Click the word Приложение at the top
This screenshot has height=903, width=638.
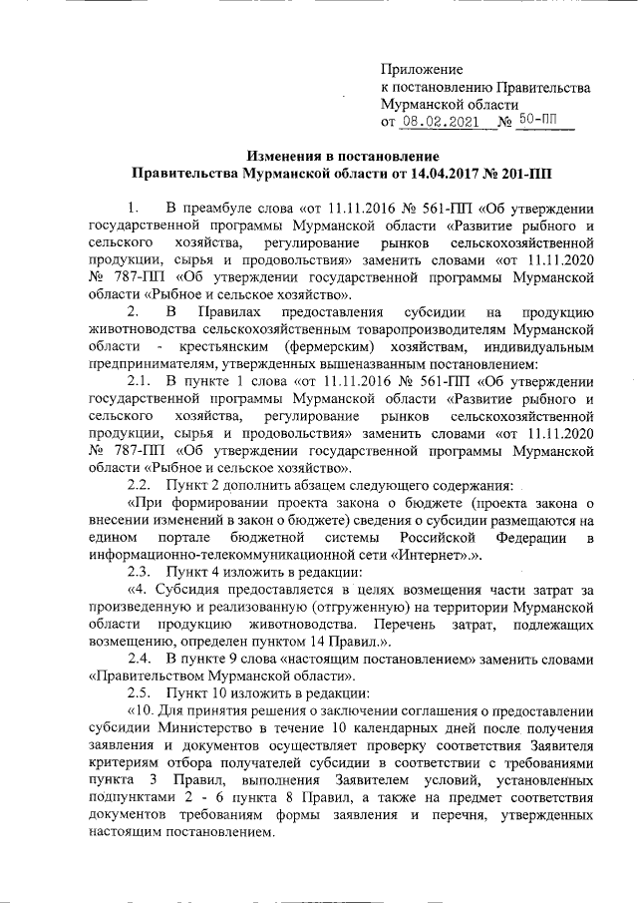(x=422, y=69)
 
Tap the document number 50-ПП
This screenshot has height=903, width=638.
(x=540, y=122)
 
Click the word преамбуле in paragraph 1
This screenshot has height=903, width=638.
(x=224, y=209)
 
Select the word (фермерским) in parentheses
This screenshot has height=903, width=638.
(x=310, y=347)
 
